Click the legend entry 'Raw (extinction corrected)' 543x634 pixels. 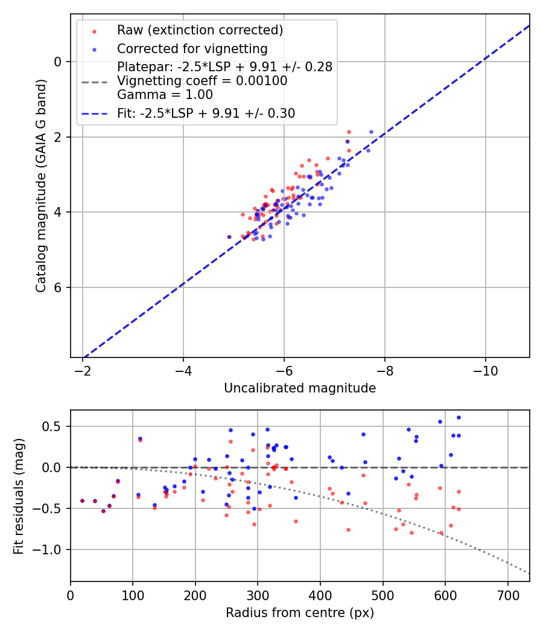click(x=200, y=30)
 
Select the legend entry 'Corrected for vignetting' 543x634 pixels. click(x=192, y=48)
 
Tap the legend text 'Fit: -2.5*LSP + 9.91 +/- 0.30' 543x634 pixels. click(x=206, y=113)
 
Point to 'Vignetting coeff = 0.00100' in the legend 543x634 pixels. click(x=202, y=81)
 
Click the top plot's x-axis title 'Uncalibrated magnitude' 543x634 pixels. click(x=300, y=388)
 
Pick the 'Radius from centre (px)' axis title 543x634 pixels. click(x=300, y=613)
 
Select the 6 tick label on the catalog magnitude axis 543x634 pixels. click(x=59, y=287)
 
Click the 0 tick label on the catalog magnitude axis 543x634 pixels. click(x=59, y=62)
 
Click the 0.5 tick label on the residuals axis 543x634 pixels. click(x=54, y=426)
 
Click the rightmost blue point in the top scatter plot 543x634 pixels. click(x=371, y=132)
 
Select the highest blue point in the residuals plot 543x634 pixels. click(x=459, y=417)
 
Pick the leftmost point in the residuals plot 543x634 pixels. click(x=82, y=501)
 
